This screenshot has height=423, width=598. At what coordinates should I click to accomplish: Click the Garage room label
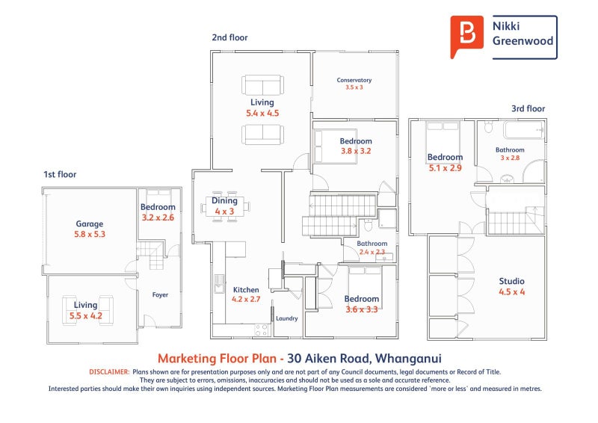tap(89, 224)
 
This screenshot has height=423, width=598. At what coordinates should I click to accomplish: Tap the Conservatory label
tap(354, 80)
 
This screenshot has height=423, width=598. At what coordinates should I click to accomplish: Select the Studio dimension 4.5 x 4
tap(511, 291)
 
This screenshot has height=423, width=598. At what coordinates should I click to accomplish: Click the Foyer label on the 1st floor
tap(160, 295)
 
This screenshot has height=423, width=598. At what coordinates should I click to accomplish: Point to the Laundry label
tap(287, 318)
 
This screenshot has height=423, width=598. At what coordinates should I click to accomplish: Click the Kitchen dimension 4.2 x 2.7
tap(246, 300)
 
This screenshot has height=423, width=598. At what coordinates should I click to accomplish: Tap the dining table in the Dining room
tap(225, 207)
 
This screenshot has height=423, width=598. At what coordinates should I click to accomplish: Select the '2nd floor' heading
tap(229, 37)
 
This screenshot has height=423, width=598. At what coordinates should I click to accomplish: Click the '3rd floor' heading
tap(528, 108)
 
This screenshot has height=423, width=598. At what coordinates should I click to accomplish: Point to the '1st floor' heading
tap(60, 174)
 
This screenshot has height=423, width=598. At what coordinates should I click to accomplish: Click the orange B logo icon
tap(466, 36)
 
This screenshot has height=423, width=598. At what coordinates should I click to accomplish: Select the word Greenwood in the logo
tap(523, 41)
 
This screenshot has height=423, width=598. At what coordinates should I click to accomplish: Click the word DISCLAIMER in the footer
tap(109, 372)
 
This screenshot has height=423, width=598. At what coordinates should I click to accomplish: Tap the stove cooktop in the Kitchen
tap(261, 330)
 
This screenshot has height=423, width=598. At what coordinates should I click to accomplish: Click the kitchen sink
tap(219, 284)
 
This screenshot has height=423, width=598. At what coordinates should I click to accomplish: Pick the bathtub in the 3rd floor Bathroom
tap(524, 130)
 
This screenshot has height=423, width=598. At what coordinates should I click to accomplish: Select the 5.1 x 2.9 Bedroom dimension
tap(445, 168)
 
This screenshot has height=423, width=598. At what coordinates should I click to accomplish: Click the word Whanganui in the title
tap(408, 359)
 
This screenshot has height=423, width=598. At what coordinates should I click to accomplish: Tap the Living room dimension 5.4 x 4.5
tap(262, 114)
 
